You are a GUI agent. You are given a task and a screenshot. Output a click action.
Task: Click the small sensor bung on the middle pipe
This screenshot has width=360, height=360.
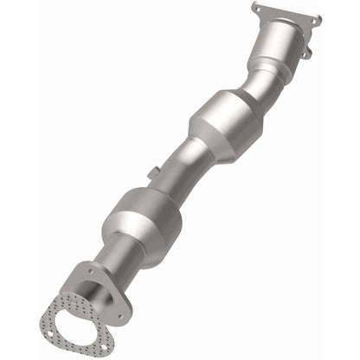(152, 173)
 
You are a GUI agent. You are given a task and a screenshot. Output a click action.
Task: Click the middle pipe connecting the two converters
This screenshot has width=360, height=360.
(177, 164)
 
